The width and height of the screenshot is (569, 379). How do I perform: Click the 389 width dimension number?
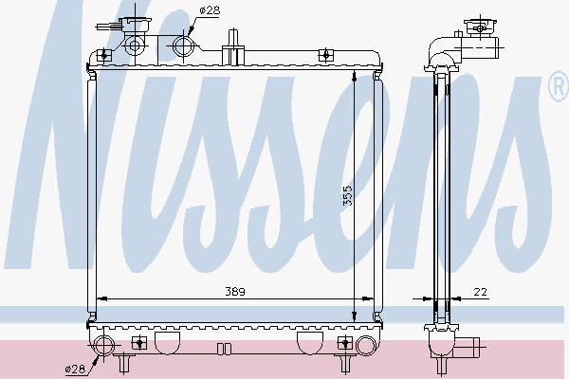232,292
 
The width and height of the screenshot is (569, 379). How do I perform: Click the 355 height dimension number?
348,195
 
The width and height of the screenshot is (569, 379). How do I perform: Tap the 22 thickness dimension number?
482,292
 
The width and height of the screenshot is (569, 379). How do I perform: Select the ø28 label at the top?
211,9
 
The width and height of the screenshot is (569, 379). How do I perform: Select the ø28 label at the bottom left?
74,368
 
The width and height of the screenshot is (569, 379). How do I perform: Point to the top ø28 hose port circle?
184,45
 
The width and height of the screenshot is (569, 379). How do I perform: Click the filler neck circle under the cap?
134,45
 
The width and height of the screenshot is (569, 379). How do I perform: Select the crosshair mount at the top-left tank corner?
105,55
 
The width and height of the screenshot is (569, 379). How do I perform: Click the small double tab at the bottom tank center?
224,348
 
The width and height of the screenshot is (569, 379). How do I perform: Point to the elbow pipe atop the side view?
444,48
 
